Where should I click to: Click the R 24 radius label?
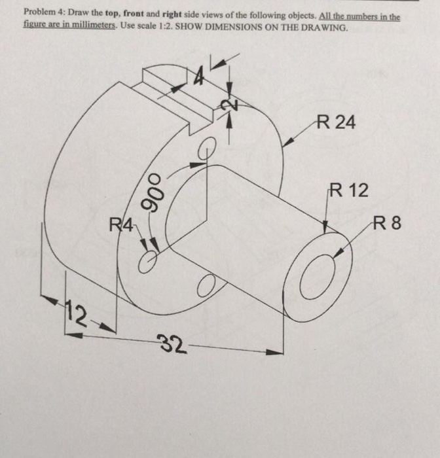335,122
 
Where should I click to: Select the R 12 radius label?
348,191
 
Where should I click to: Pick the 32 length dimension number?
172,344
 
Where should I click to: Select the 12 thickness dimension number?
78,319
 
